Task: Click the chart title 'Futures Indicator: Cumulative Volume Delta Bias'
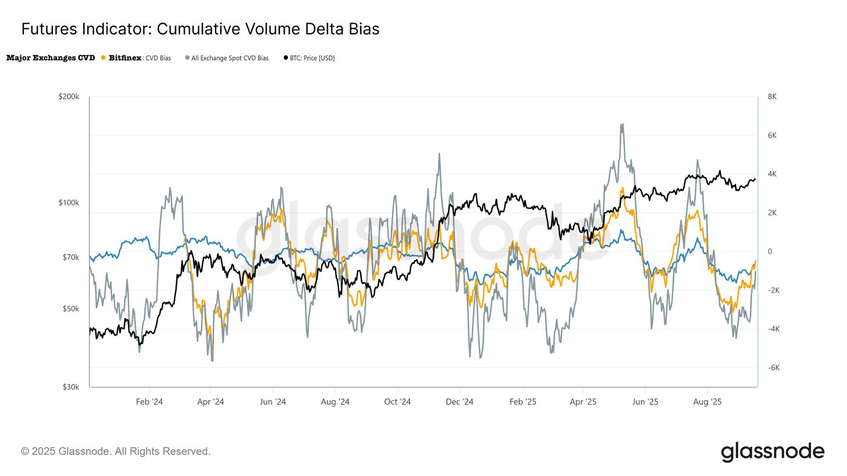point(200,29)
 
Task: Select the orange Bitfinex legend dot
point(103,58)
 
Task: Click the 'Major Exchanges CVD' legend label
point(50,58)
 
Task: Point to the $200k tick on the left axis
point(69,97)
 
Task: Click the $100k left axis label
point(69,203)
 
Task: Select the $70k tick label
point(71,257)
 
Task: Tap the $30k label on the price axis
point(71,387)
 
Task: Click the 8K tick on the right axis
point(772,97)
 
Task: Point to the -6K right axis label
point(773,368)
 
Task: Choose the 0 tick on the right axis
point(770,252)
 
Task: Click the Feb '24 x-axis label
point(149,402)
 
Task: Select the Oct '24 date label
point(397,402)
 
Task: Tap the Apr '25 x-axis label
point(583,402)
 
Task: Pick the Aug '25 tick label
point(707,402)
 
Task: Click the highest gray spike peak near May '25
point(622,124)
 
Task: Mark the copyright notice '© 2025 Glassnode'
point(116,451)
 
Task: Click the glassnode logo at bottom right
point(773,452)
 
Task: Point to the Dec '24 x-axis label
point(459,402)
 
